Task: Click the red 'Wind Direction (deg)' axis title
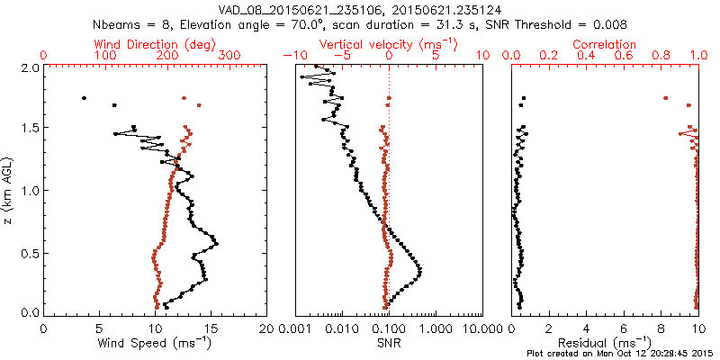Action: (156, 44)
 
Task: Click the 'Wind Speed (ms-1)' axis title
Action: (155, 343)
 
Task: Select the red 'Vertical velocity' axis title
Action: (389, 44)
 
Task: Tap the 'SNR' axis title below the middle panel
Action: (389, 343)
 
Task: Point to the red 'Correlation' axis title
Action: (605, 44)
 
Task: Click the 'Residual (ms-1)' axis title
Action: (605, 343)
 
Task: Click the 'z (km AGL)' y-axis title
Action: (9, 190)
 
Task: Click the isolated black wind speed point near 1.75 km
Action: (84, 98)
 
